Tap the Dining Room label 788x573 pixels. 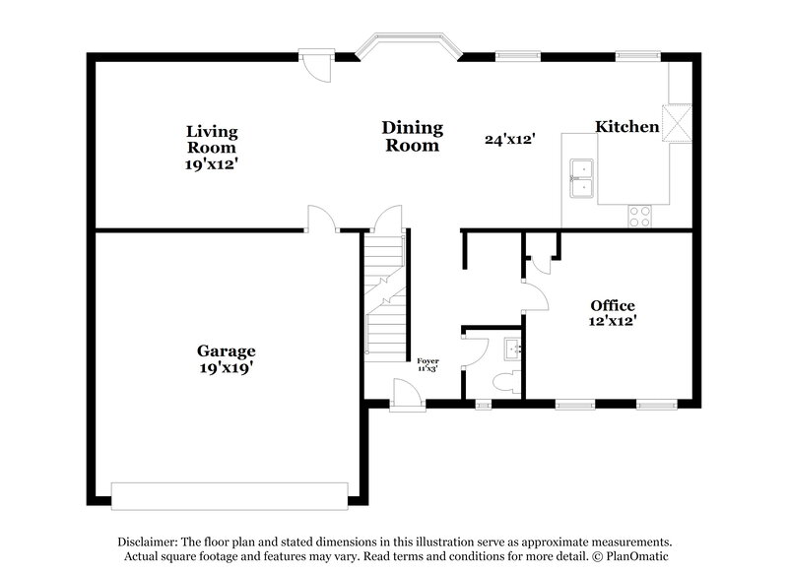pyautogui.click(x=412, y=136)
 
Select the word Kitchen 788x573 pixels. pyautogui.click(x=626, y=126)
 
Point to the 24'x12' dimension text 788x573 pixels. pyautogui.click(x=509, y=140)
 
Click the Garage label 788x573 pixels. pyautogui.click(x=226, y=350)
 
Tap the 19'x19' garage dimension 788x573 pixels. pyautogui.click(x=226, y=368)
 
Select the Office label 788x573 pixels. pyautogui.click(x=612, y=305)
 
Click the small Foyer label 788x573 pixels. pyautogui.click(x=427, y=361)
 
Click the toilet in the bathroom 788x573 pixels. pyautogui.click(x=505, y=383)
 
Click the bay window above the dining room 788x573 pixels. pyautogui.click(x=407, y=45)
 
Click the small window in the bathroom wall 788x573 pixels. pyautogui.click(x=482, y=404)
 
